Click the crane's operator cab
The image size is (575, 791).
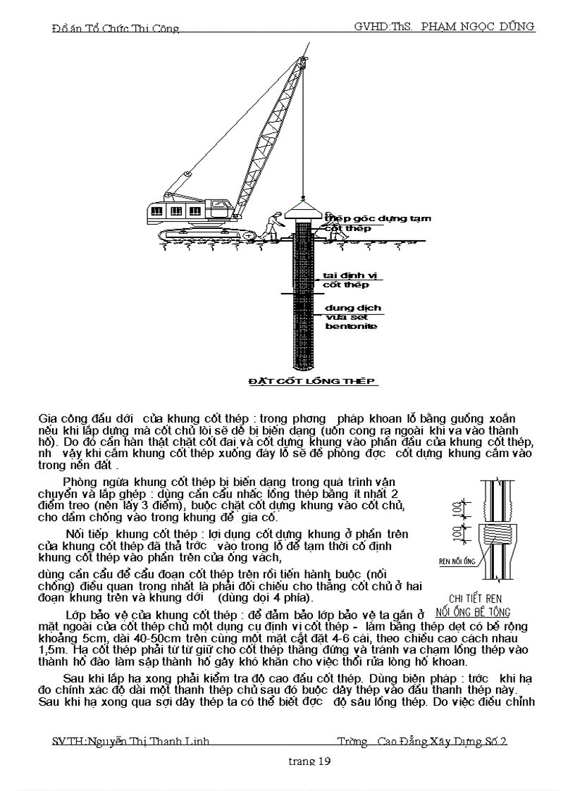(x=176, y=211)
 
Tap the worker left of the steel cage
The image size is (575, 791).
(x=271, y=226)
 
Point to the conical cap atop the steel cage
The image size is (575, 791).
(x=304, y=212)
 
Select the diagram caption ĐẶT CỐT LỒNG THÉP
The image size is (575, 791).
(x=313, y=381)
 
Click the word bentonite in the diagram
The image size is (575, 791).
(x=351, y=326)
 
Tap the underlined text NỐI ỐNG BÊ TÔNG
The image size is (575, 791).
(x=473, y=612)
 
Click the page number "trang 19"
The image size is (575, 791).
(x=310, y=761)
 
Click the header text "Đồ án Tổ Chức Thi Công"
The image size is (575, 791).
(x=116, y=29)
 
